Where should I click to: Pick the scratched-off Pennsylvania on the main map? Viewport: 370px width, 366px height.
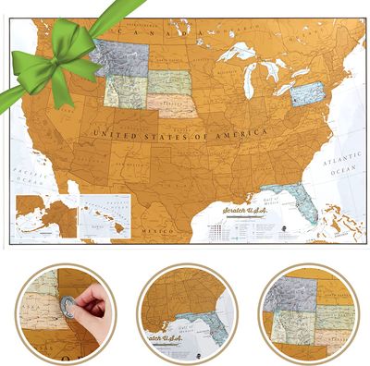305,93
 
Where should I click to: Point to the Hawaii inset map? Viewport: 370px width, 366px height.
105,212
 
